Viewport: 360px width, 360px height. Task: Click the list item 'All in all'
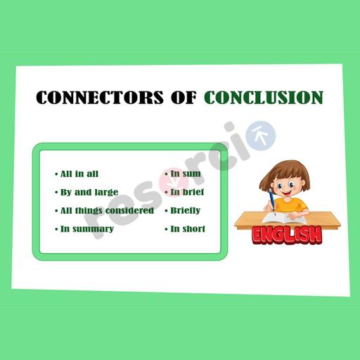(79, 174)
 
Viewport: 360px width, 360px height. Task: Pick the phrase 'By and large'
(89, 192)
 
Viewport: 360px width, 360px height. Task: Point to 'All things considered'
(106, 210)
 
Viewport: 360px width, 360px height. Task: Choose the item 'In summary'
(86, 229)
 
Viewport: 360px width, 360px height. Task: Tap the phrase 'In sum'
(185, 174)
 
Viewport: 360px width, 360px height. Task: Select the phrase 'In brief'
(186, 192)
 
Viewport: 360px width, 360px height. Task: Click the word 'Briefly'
(185, 210)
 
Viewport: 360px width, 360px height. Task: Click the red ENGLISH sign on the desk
(287, 234)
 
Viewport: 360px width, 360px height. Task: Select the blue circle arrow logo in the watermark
(262, 132)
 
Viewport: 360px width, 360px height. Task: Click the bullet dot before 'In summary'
(56, 229)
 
